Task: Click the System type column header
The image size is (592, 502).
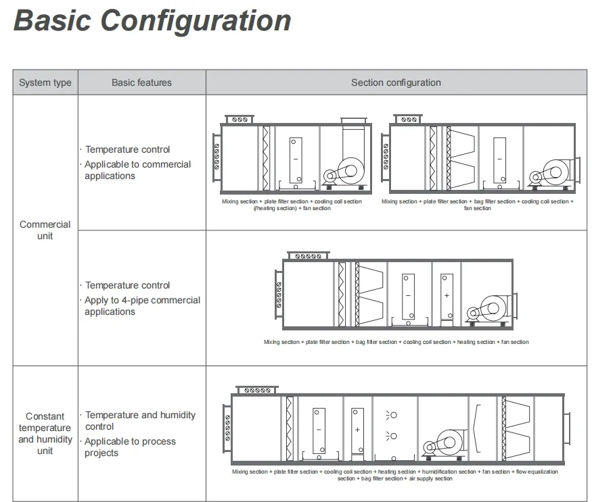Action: [45, 83]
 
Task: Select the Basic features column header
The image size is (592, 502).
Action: [141, 83]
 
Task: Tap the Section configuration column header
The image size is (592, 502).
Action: [396, 83]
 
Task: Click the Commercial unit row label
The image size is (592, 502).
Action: [45, 230]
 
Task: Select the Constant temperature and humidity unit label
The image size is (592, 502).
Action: [45, 433]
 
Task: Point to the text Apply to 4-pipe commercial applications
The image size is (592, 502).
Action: [142, 306]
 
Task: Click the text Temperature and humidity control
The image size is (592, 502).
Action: [140, 420]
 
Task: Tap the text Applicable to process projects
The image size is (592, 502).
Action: [130, 447]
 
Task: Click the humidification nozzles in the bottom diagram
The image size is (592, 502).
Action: [391, 426]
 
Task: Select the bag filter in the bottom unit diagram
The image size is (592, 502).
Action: [521, 428]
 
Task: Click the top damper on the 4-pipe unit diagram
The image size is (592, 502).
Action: [308, 255]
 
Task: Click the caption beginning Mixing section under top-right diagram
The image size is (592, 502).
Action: [477, 205]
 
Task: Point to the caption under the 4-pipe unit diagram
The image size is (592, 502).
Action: [396, 342]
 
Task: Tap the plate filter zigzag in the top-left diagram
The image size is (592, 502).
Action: [266, 157]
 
